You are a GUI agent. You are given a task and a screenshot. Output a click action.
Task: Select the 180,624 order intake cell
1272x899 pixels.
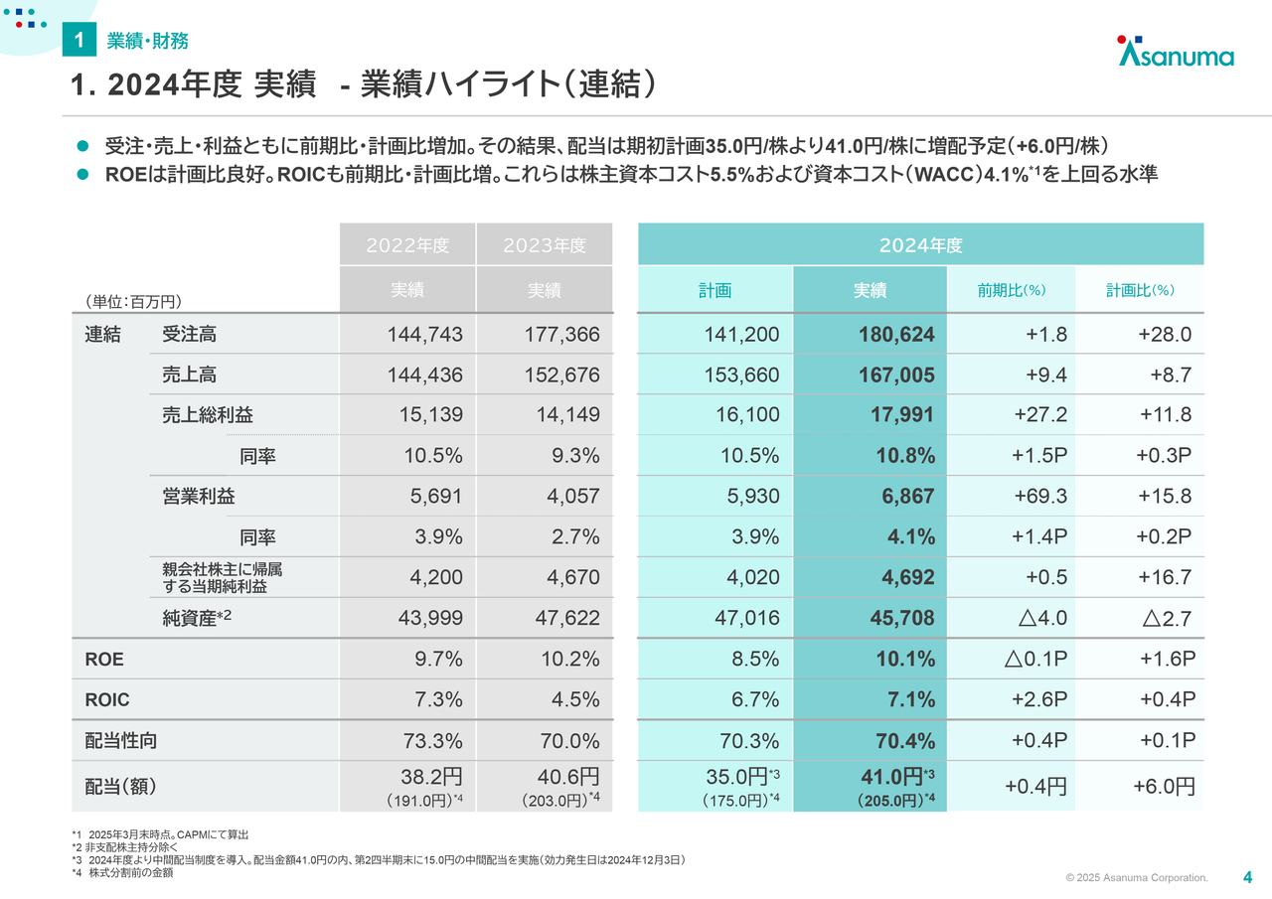pos(896,335)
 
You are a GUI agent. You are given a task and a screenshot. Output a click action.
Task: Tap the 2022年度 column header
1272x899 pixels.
pos(407,245)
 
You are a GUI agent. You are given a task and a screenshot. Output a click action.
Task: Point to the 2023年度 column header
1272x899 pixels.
pos(544,245)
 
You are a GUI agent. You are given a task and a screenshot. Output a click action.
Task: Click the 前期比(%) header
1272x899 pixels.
pos(1011,291)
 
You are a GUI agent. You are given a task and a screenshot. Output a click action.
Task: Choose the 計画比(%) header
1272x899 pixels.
pos(1140,291)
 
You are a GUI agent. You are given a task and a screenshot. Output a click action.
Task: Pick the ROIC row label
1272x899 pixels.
pos(106,699)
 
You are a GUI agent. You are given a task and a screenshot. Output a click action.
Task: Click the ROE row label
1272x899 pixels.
pos(104,659)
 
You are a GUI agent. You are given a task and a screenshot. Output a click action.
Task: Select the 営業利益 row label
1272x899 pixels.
pos(198,496)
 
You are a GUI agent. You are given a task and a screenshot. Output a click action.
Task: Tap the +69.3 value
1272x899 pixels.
pos(1040,496)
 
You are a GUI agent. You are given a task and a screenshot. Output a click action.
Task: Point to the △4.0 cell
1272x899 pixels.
pos(1042,618)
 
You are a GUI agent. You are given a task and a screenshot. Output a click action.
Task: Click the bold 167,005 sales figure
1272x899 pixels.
pos(896,375)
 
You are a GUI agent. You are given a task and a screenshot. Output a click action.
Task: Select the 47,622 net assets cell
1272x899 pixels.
pos(566,618)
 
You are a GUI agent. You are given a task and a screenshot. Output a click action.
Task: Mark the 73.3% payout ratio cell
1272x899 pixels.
pos(432,741)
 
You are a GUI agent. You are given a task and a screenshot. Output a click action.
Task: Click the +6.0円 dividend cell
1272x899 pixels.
pos(1164,787)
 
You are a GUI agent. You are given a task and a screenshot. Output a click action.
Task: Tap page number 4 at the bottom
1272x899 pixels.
pos(1247,877)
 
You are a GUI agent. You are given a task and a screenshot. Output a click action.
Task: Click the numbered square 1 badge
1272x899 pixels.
pos(79,39)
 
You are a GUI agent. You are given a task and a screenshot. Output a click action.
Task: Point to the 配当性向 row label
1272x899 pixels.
pos(120,741)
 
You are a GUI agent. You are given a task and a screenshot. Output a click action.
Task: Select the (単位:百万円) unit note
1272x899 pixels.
pos(133,301)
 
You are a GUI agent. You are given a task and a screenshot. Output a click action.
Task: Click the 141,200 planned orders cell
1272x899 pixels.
pos(741,335)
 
